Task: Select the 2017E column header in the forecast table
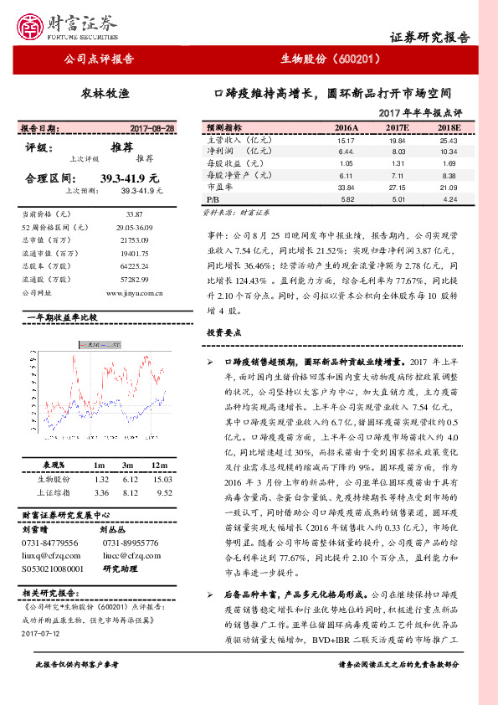[396, 127]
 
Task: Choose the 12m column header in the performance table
[157, 464]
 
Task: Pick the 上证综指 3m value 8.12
[128, 492]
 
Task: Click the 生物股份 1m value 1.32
[101, 478]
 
